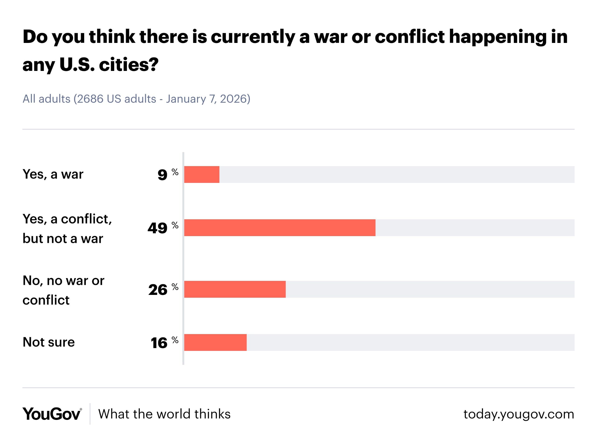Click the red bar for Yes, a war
[202, 175]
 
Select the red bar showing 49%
[280, 228]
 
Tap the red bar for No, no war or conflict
[235, 289]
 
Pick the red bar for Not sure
[215, 342]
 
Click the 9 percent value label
[163, 175]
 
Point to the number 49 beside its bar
[158, 228]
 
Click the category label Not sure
[49, 342]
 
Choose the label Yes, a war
[53, 174]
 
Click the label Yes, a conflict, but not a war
[67, 229]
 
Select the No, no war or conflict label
[63, 290]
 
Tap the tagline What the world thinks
[164, 414]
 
